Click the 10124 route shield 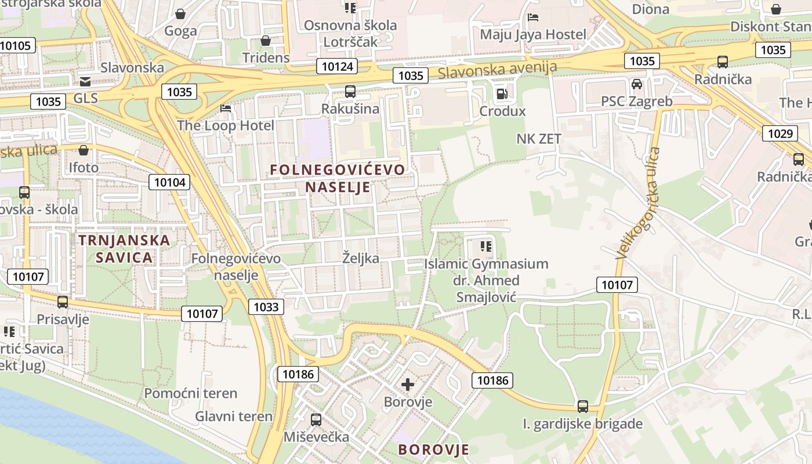click(337, 66)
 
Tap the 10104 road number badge click(170, 182)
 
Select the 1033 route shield click(266, 307)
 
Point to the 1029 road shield click(780, 134)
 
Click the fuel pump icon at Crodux click(502, 93)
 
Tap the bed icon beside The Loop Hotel click(226, 108)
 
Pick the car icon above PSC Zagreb click(637, 84)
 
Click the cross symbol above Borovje click(408, 384)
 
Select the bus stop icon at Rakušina click(350, 91)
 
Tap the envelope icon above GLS click(85, 81)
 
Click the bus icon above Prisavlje click(62, 302)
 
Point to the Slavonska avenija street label click(497, 70)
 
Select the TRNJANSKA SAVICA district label click(124, 248)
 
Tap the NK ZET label click(539, 139)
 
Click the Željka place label click(360, 258)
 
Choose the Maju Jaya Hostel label click(533, 34)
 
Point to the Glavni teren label click(233, 416)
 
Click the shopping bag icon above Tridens click(266, 41)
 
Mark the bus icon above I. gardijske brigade click(583, 406)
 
